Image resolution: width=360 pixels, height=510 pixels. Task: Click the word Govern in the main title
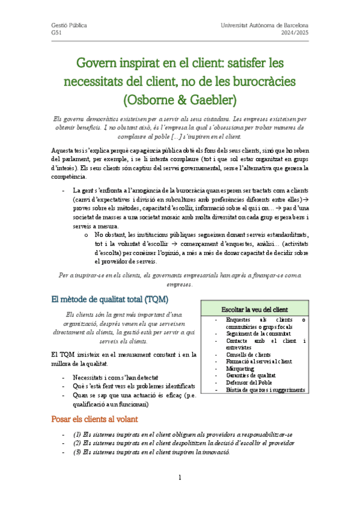(99, 63)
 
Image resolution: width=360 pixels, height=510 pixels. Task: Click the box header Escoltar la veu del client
(255, 309)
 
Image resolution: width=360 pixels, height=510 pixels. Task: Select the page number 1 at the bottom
(180, 478)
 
